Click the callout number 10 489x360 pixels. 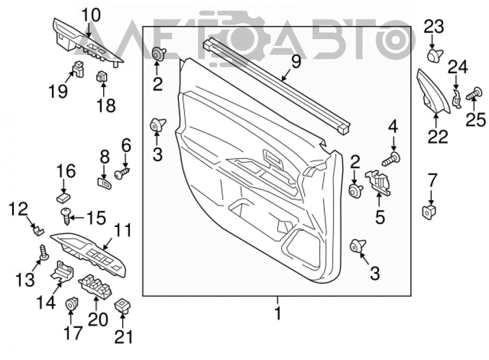click(x=91, y=15)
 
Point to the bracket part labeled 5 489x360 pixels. click(x=378, y=182)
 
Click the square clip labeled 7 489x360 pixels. click(x=429, y=213)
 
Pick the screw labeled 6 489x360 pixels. click(x=122, y=173)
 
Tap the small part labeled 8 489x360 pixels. click(x=103, y=183)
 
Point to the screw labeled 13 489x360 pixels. click(x=44, y=252)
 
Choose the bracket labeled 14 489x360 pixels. click(x=62, y=271)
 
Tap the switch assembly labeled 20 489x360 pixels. click(x=95, y=286)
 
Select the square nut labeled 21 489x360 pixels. click(x=123, y=306)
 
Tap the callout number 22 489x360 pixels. click(x=438, y=136)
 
